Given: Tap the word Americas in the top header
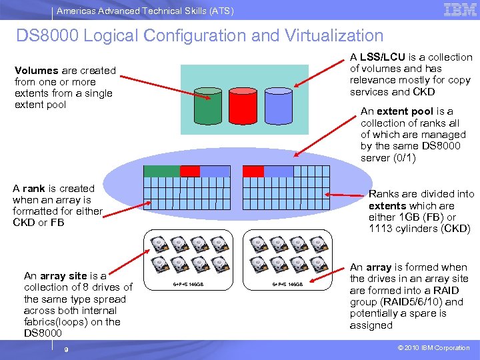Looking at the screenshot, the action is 74,11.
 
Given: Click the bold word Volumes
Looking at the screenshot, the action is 36,71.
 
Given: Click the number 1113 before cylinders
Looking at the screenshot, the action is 381,229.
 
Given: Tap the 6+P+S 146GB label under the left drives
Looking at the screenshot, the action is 189,285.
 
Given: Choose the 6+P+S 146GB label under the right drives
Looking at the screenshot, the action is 288,285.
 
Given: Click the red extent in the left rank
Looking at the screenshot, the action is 190,171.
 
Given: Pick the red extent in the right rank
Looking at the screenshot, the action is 253,171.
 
